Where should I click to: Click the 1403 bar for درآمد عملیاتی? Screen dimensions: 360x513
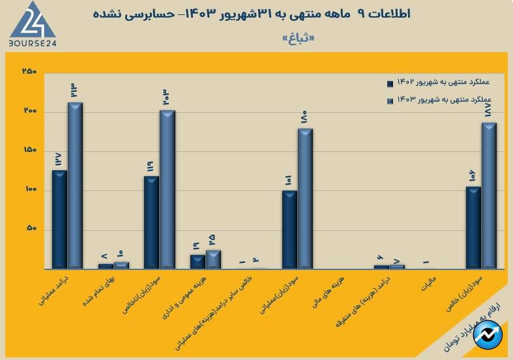tap(76, 185)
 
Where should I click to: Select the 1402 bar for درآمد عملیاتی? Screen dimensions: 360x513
tap(59, 219)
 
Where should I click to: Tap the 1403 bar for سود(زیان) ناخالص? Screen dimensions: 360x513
tap(168, 189)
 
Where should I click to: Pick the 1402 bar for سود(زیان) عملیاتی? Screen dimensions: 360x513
tap(289, 230)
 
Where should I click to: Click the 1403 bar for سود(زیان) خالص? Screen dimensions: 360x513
tap(489, 196)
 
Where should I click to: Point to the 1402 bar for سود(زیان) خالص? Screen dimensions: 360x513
tap(473, 228)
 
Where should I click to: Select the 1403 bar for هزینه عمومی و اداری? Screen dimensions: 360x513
tap(213, 259)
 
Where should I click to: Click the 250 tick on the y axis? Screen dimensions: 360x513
tap(29, 72)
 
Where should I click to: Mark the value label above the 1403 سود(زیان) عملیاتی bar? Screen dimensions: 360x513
tap(304, 119)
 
